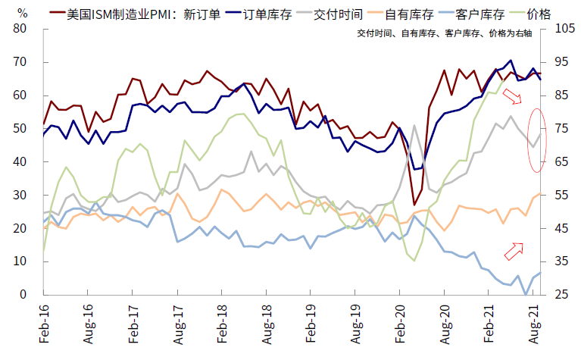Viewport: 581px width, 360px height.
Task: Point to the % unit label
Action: point(23,13)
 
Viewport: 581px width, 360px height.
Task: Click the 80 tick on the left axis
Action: point(20,29)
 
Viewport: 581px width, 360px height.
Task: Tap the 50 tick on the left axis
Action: point(20,129)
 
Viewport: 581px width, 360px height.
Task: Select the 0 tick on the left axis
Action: point(23,295)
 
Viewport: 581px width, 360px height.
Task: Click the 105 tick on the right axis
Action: point(564,29)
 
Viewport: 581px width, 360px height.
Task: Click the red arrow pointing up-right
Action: point(514,251)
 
